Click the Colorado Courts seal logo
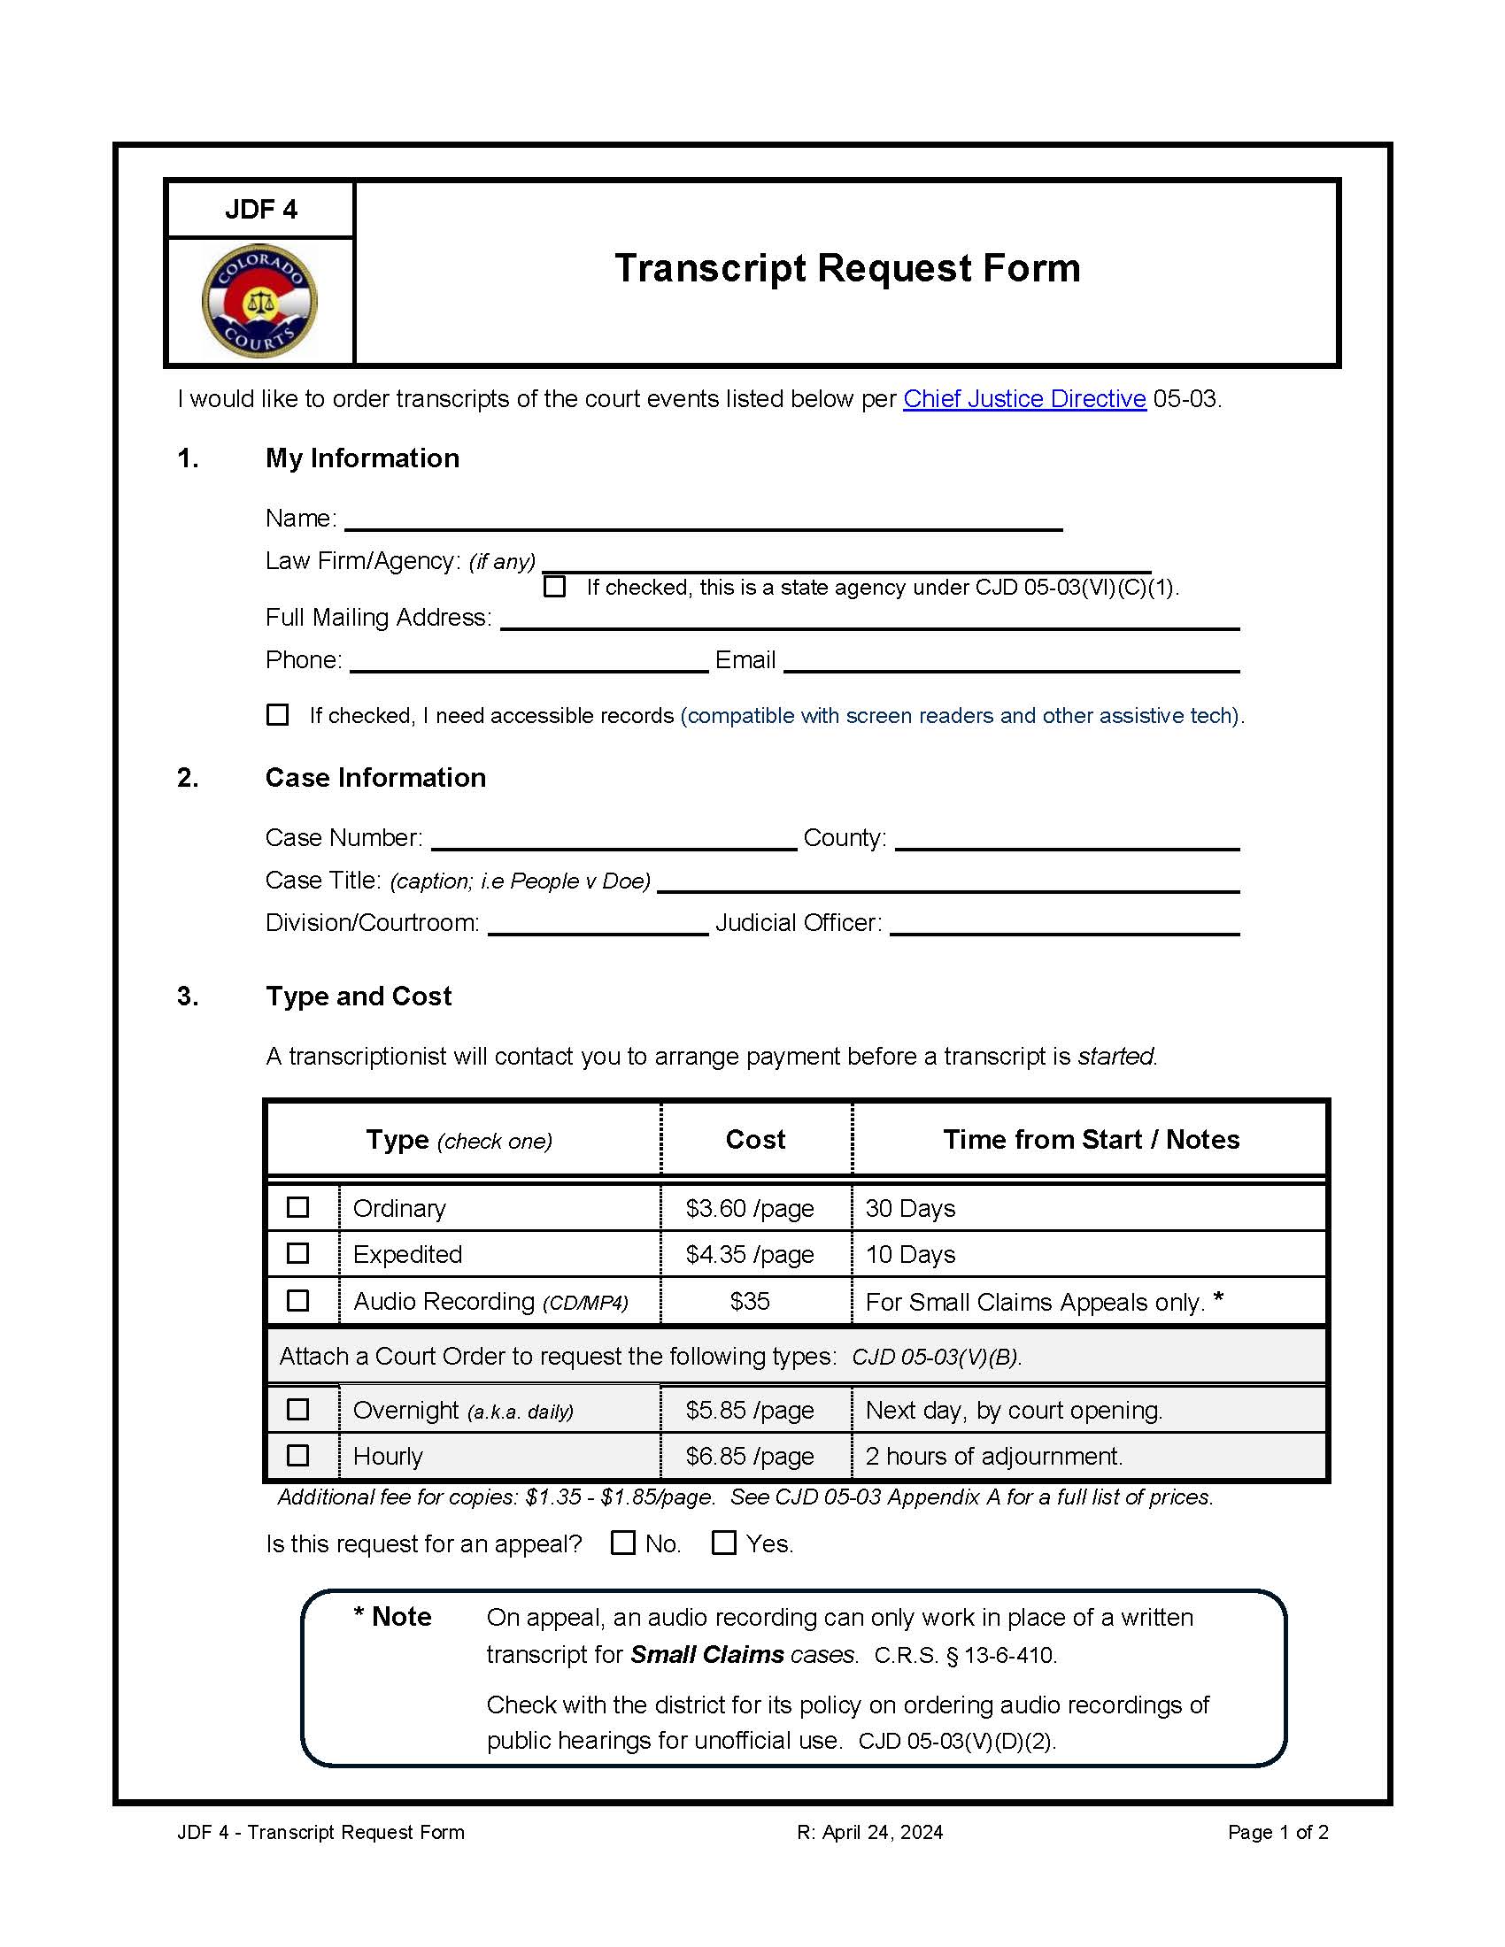coord(259,301)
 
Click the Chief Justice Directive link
coord(1023,398)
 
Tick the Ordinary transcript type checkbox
coord(297,1207)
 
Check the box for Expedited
coord(297,1253)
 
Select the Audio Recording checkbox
coord(297,1301)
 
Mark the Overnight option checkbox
coord(297,1410)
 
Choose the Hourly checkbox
coord(297,1455)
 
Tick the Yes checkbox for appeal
coord(724,1543)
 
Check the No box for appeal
coord(622,1543)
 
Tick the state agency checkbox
coord(554,587)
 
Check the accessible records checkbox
coord(278,714)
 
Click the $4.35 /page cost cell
coord(749,1254)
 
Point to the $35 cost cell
coord(749,1302)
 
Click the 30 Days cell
coord(909,1208)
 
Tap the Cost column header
coord(755,1139)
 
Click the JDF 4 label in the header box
coord(260,210)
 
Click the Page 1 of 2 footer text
coord(1277,1832)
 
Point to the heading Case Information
coord(375,777)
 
